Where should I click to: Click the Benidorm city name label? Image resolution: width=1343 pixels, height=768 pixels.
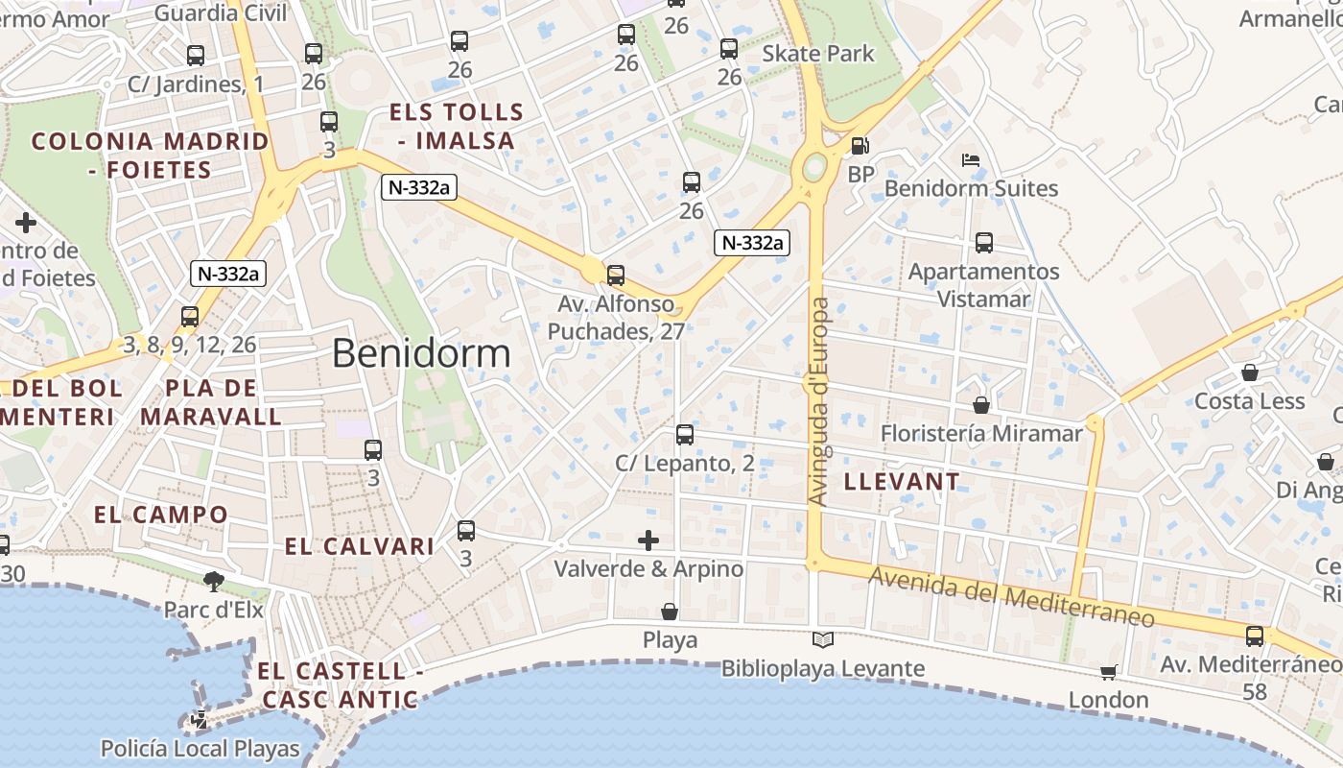tap(421, 353)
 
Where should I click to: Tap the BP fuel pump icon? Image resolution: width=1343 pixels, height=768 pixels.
tap(860, 146)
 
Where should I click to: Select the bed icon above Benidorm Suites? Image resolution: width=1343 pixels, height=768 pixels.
tap(971, 159)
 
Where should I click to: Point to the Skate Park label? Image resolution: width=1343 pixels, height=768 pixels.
tap(817, 53)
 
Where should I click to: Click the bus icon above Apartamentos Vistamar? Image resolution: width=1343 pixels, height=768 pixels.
tap(983, 243)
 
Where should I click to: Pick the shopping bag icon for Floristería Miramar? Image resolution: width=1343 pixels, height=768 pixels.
tap(980, 405)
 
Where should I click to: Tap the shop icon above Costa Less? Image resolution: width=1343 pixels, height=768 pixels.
tap(1249, 372)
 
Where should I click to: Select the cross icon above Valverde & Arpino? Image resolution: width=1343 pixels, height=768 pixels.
tap(648, 540)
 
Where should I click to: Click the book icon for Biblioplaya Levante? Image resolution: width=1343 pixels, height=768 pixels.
tap(822, 639)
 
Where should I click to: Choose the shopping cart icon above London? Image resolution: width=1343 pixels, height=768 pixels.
tap(1108, 672)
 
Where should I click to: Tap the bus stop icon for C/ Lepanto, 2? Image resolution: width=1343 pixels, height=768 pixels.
tap(684, 435)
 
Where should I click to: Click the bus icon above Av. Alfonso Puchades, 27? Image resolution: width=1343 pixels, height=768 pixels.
tap(616, 276)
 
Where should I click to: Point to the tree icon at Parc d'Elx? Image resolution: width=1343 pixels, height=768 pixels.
tap(213, 581)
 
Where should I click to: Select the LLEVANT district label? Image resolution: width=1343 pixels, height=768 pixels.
tap(901, 481)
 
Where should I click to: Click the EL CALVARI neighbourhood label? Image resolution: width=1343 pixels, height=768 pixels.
tap(359, 546)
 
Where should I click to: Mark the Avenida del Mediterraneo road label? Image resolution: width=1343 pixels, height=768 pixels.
tap(1012, 597)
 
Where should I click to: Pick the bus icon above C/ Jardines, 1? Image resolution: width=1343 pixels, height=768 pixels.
tap(195, 56)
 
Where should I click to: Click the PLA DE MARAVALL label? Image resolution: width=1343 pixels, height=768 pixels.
tap(211, 402)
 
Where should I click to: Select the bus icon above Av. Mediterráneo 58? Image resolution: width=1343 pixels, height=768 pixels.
tap(1254, 636)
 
